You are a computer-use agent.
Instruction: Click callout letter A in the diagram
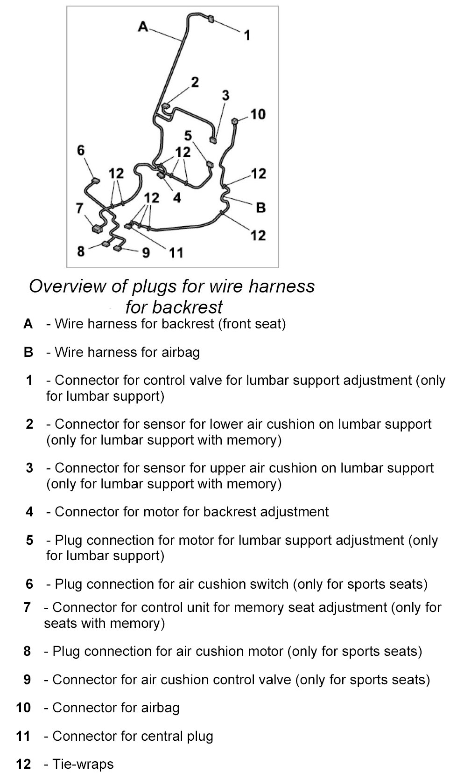click(143, 27)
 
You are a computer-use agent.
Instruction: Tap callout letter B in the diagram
click(260, 207)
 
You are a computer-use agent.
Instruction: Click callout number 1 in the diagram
click(247, 35)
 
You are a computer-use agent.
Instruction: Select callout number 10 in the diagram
click(258, 114)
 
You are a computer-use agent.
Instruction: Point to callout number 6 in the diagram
click(81, 150)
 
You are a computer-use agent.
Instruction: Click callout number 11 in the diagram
click(176, 253)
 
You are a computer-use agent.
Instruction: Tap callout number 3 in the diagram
click(225, 96)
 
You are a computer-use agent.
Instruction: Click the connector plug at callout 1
click(211, 19)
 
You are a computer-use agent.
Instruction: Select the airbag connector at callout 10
click(235, 121)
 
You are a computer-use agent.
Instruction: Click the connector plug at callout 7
click(97, 229)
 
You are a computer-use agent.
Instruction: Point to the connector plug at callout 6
click(95, 181)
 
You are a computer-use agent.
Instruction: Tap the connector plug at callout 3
click(213, 139)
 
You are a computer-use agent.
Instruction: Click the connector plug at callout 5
click(210, 164)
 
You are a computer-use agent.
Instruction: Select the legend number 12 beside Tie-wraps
click(23, 764)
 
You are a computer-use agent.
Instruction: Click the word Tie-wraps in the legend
click(83, 764)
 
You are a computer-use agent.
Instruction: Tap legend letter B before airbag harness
click(28, 352)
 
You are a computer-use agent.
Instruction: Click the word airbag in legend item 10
click(160, 708)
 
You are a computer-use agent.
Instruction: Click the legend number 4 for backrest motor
click(30, 512)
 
